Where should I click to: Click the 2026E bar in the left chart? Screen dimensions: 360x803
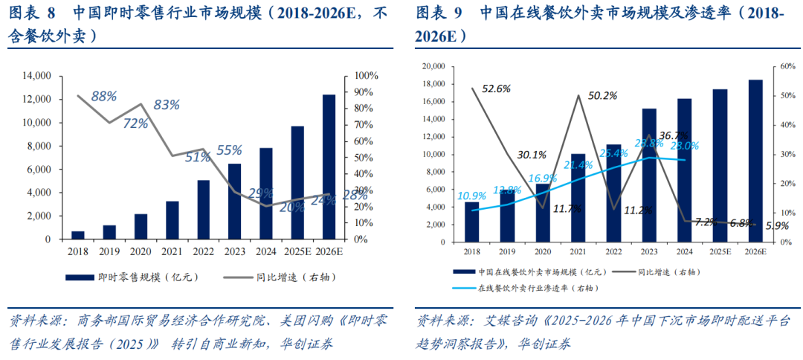point(329,167)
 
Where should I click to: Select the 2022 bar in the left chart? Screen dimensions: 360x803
point(203,210)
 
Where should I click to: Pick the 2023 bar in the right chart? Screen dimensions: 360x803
point(649,176)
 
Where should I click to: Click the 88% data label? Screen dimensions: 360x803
point(104,96)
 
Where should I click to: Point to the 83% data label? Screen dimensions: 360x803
point(167,105)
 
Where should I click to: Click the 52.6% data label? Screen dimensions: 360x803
point(496,89)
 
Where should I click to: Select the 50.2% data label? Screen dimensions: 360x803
point(602,95)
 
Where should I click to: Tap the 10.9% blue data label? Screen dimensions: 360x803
point(472,196)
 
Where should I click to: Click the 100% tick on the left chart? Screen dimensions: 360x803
point(367,76)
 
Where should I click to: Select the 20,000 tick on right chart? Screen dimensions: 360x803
point(433,66)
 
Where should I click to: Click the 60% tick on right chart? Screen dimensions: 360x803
point(778,66)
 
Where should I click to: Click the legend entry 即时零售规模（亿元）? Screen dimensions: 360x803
point(133,277)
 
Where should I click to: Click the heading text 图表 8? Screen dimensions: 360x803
point(32,13)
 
